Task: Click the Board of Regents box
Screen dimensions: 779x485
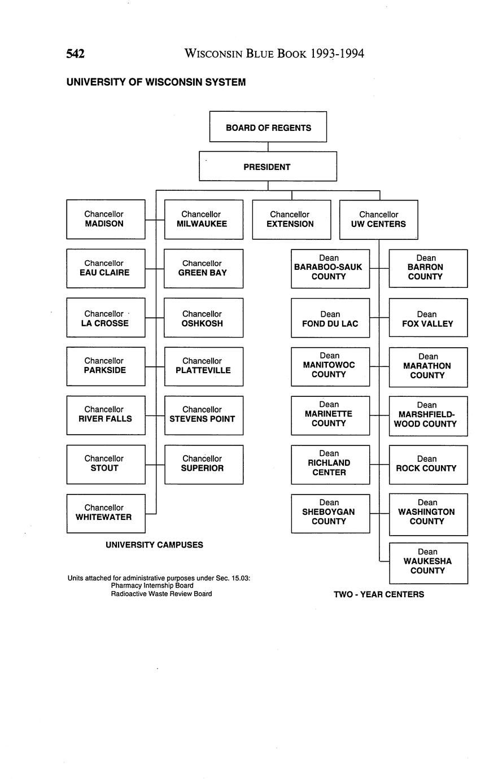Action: click(268, 127)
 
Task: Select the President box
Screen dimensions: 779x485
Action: click(268, 167)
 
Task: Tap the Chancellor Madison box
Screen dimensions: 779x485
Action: click(106, 219)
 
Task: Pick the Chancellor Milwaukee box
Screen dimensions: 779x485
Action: click(203, 219)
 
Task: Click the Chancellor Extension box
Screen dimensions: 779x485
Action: click(291, 219)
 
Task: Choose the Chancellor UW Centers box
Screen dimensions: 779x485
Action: click(378, 219)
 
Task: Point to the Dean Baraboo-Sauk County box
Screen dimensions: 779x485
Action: click(330, 268)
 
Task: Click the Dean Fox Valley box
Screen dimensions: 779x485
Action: click(427, 317)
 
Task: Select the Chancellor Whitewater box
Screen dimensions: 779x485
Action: click(106, 513)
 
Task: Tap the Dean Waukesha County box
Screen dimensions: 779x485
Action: click(427, 562)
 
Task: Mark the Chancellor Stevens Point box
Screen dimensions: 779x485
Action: click(203, 415)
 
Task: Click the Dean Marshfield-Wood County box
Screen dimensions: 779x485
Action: click(427, 415)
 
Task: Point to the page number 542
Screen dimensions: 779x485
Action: click(76, 54)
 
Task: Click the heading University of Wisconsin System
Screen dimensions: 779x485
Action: click(156, 82)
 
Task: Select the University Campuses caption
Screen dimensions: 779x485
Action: click(154, 545)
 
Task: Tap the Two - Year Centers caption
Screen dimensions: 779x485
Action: click(378, 594)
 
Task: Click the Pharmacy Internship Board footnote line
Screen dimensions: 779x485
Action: click(152, 585)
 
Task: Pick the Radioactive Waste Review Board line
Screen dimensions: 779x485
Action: click(161, 593)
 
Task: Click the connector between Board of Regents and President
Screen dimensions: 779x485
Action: click(268, 147)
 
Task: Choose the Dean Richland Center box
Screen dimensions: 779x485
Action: click(330, 464)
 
